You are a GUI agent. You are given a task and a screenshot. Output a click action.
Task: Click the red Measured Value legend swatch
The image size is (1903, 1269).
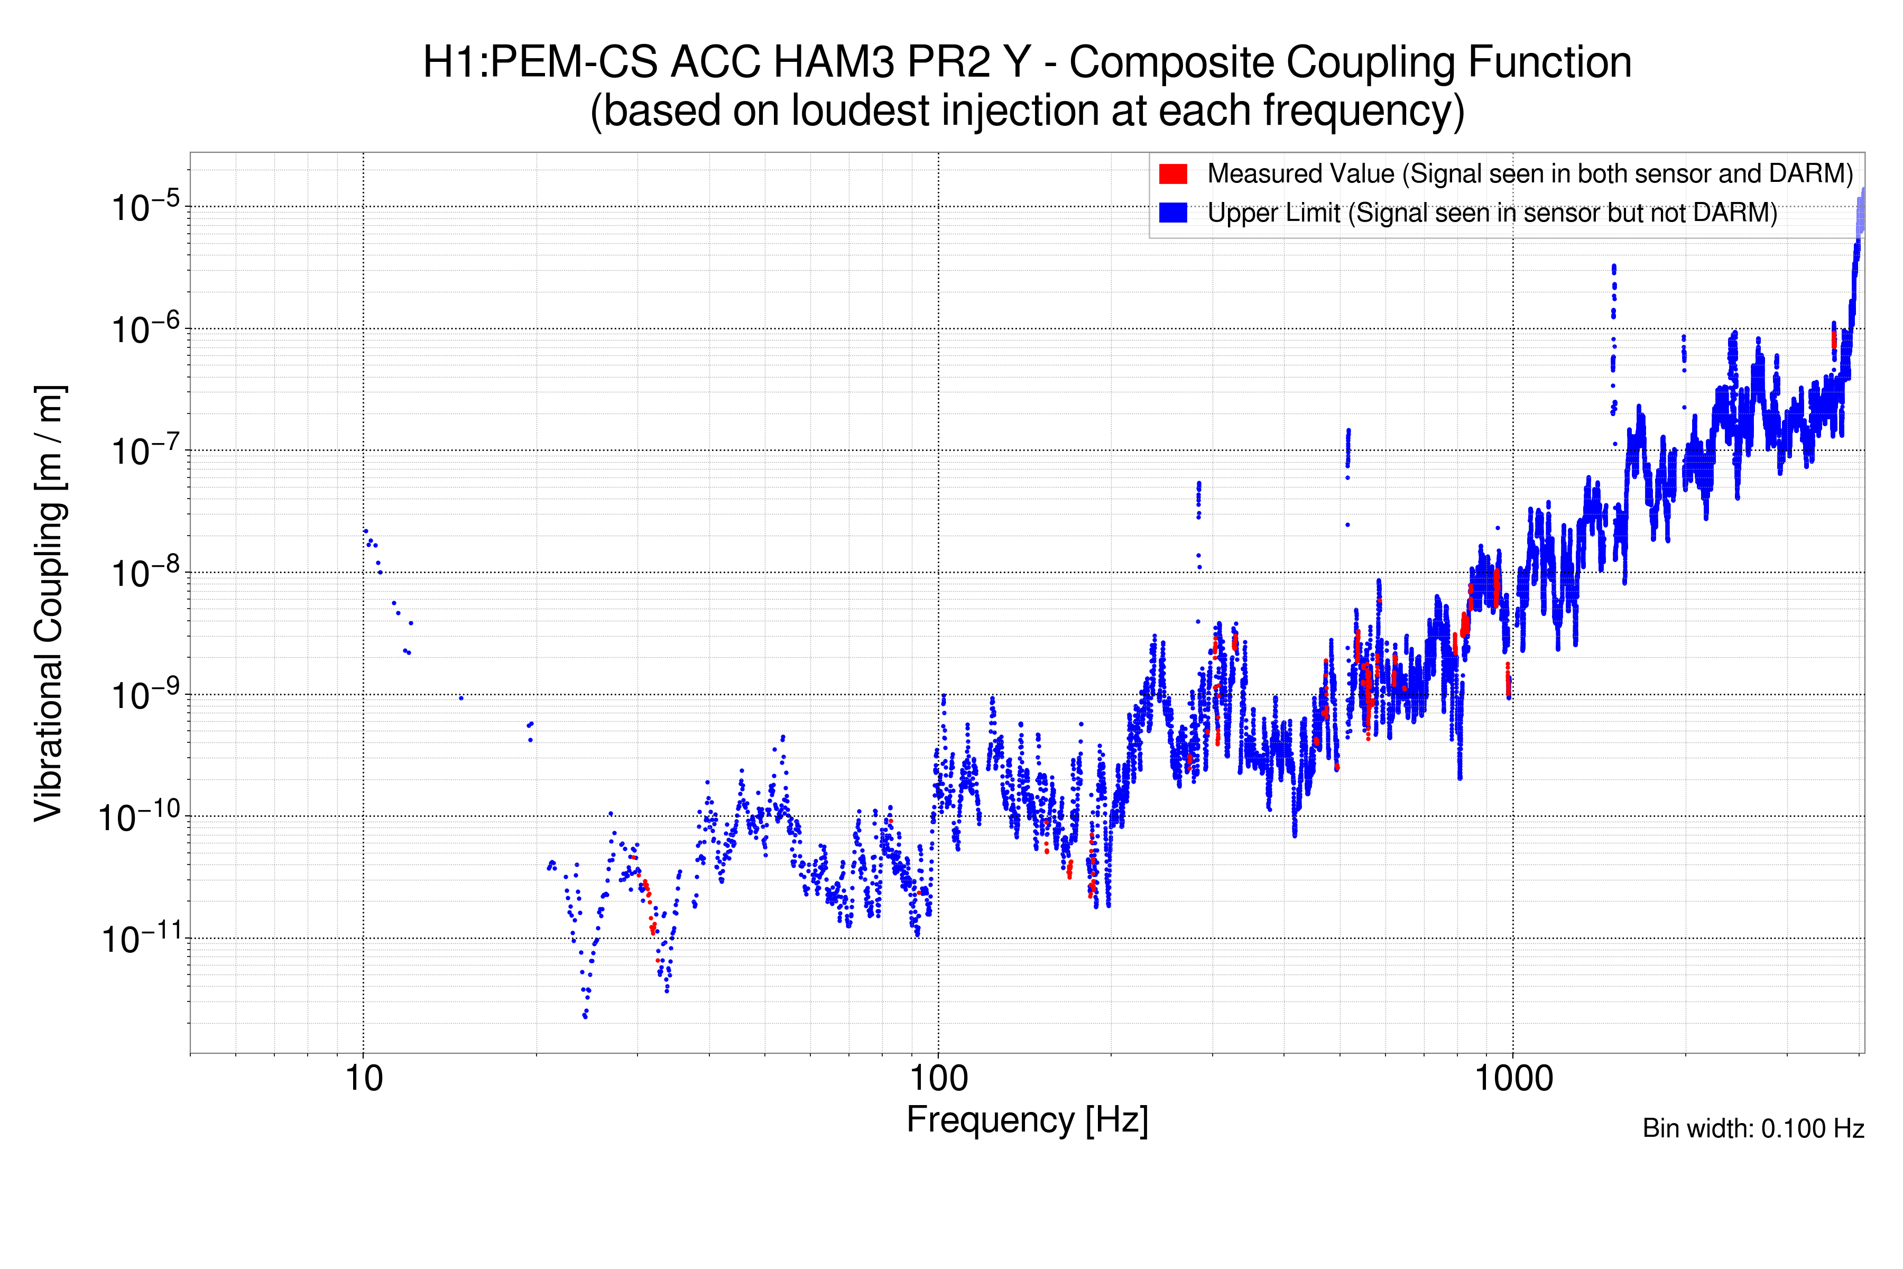point(1172,174)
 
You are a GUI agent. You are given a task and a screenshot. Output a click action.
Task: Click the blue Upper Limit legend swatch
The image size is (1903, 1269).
point(1172,213)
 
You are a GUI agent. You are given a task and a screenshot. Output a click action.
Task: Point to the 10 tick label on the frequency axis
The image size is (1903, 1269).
point(363,1079)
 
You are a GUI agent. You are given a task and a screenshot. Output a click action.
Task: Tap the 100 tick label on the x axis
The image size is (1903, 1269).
point(939,1079)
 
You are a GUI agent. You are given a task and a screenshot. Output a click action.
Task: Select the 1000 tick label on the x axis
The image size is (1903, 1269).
point(1513,1079)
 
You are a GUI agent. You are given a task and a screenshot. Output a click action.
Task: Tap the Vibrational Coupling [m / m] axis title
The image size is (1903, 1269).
point(49,603)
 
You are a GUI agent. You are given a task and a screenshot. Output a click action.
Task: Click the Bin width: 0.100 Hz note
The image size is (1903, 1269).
point(1753,1128)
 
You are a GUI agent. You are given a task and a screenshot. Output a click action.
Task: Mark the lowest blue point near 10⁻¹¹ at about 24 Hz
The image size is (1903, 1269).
point(585,1016)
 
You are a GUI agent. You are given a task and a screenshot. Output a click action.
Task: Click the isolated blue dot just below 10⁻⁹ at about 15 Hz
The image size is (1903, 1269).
point(461,697)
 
